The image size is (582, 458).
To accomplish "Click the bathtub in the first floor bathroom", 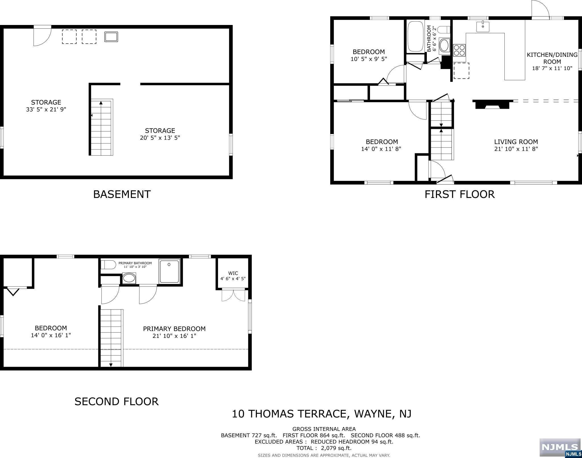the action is [416, 36].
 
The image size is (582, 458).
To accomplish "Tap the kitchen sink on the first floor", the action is [483, 26].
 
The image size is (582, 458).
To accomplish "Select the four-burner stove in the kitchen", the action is [459, 50].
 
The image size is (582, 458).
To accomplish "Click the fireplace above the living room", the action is [493, 104].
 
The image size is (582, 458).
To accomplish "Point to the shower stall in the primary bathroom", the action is [169, 271].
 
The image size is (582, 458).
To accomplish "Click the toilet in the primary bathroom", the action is [109, 265].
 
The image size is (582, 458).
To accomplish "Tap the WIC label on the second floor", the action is [233, 273].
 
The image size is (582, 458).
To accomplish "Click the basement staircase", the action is [102, 127].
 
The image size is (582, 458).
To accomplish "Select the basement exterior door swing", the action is [42, 36].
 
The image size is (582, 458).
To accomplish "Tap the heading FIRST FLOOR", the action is [460, 195].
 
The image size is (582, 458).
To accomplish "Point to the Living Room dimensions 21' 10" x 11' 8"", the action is [516, 149].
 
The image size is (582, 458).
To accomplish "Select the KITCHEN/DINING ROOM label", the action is [552, 58].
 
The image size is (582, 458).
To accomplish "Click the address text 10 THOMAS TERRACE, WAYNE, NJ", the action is [322, 414].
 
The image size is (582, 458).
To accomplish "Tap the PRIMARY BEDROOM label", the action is [174, 329].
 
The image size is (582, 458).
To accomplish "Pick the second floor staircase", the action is [111, 338].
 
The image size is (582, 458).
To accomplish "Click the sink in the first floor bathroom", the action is [444, 45].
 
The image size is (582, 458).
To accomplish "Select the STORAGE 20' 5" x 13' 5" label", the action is [160, 134].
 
